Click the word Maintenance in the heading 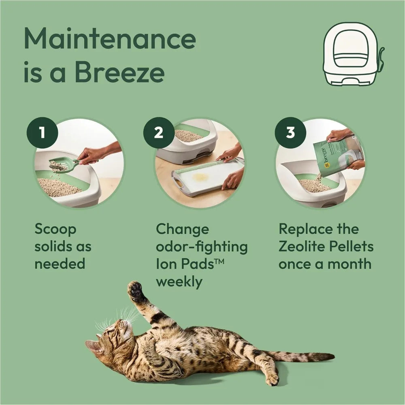[x=109, y=39]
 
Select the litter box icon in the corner [x=352, y=53]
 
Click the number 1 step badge [x=42, y=133]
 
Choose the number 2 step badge [x=159, y=132]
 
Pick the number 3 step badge [x=290, y=132]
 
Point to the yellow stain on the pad [x=200, y=177]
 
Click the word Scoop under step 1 [x=55, y=230]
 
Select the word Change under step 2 [x=183, y=229]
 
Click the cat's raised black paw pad [x=135, y=290]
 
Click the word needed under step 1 [x=60, y=264]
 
